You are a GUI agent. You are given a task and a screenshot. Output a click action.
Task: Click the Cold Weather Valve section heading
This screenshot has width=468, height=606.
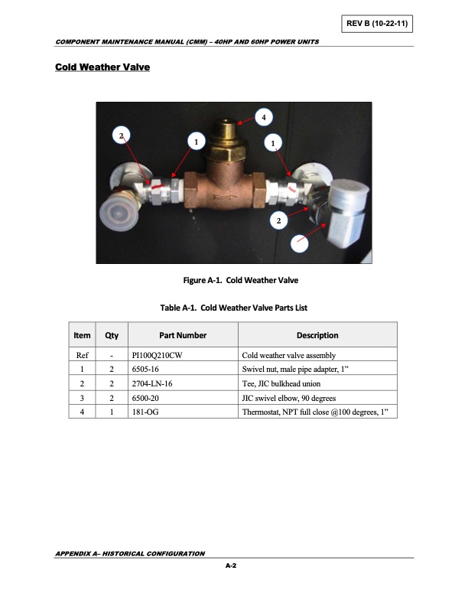(x=102, y=68)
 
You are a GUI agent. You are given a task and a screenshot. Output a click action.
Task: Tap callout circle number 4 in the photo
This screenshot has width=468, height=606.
(x=263, y=117)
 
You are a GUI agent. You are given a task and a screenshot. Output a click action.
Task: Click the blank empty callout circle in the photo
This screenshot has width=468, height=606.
(x=301, y=244)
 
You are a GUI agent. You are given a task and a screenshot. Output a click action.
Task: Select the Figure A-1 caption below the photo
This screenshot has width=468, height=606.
(x=234, y=280)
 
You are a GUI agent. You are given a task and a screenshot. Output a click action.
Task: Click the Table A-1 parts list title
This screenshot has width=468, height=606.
(x=234, y=308)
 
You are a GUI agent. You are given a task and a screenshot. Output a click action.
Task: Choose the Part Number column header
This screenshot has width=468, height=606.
(x=183, y=335)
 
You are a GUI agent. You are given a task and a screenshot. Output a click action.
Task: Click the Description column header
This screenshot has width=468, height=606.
(x=317, y=335)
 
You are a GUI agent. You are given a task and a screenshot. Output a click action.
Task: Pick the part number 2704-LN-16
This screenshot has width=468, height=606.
(x=152, y=384)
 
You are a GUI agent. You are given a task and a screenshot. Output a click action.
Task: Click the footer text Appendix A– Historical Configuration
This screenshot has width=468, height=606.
(x=129, y=552)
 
